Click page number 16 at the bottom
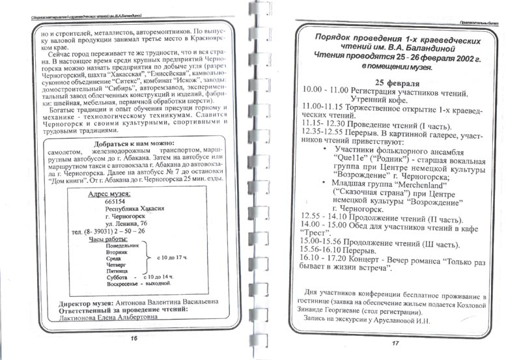pos(133,339)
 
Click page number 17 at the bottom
pos(395,343)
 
